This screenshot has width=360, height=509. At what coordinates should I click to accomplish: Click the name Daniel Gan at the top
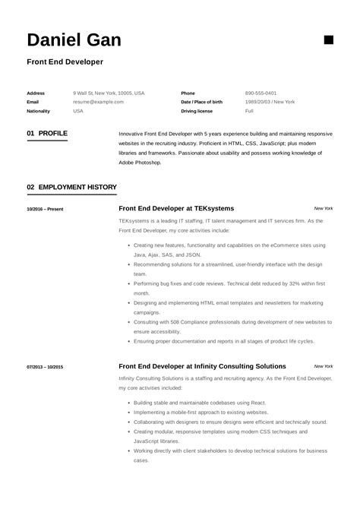click(x=74, y=40)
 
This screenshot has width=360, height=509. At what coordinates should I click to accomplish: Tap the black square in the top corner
click(x=328, y=40)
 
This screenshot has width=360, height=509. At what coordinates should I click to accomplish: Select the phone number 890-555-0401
click(x=261, y=93)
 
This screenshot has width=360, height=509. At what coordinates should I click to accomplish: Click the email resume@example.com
click(x=98, y=102)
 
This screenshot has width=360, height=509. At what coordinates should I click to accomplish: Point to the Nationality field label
click(x=39, y=110)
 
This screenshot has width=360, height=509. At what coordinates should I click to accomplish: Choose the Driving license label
click(x=198, y=110)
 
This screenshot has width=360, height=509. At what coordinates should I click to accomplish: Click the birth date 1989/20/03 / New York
click(x=270, y=102)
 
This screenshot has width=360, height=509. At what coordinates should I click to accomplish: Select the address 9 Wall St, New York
click(x=109, y=93)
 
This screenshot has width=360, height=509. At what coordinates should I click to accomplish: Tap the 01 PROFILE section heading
click(x=47, y=133)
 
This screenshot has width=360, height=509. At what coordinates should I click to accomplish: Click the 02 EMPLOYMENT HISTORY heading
click(x=71, y=186)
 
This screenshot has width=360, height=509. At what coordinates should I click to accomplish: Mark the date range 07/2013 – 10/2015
click(x=45, y=367)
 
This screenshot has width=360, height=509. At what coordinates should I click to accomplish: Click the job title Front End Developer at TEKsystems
click(x=176, y=208)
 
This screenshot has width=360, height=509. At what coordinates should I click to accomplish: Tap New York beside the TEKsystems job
click(x=323, y=208)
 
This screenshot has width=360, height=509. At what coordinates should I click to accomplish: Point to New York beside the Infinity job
click(x=323, y=366)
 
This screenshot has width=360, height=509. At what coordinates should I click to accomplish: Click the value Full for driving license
click(x=249, y=110)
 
